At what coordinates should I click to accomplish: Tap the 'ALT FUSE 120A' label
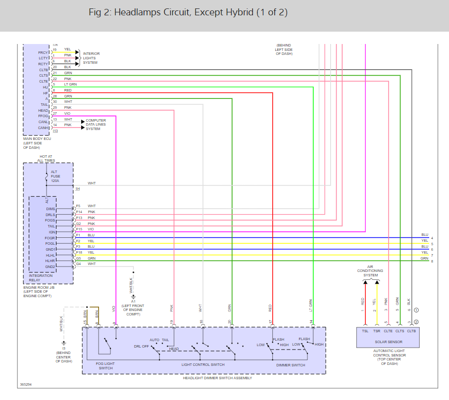coord(54,177)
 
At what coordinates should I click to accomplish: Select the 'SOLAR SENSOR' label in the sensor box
coord(389,342)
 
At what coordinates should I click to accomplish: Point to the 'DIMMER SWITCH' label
coord(290,365)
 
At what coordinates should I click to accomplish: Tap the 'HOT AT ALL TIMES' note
coord(48,158)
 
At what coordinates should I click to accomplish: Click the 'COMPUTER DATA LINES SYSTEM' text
coord(96,125)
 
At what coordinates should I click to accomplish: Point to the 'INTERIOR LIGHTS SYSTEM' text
coord(91,58)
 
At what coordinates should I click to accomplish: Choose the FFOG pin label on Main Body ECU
coord(43,116)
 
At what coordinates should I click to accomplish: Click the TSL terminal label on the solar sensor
coord(365,331)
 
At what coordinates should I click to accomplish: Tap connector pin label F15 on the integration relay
coord(79,229)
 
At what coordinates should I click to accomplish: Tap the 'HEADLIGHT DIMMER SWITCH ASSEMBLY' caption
coord(203,378)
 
